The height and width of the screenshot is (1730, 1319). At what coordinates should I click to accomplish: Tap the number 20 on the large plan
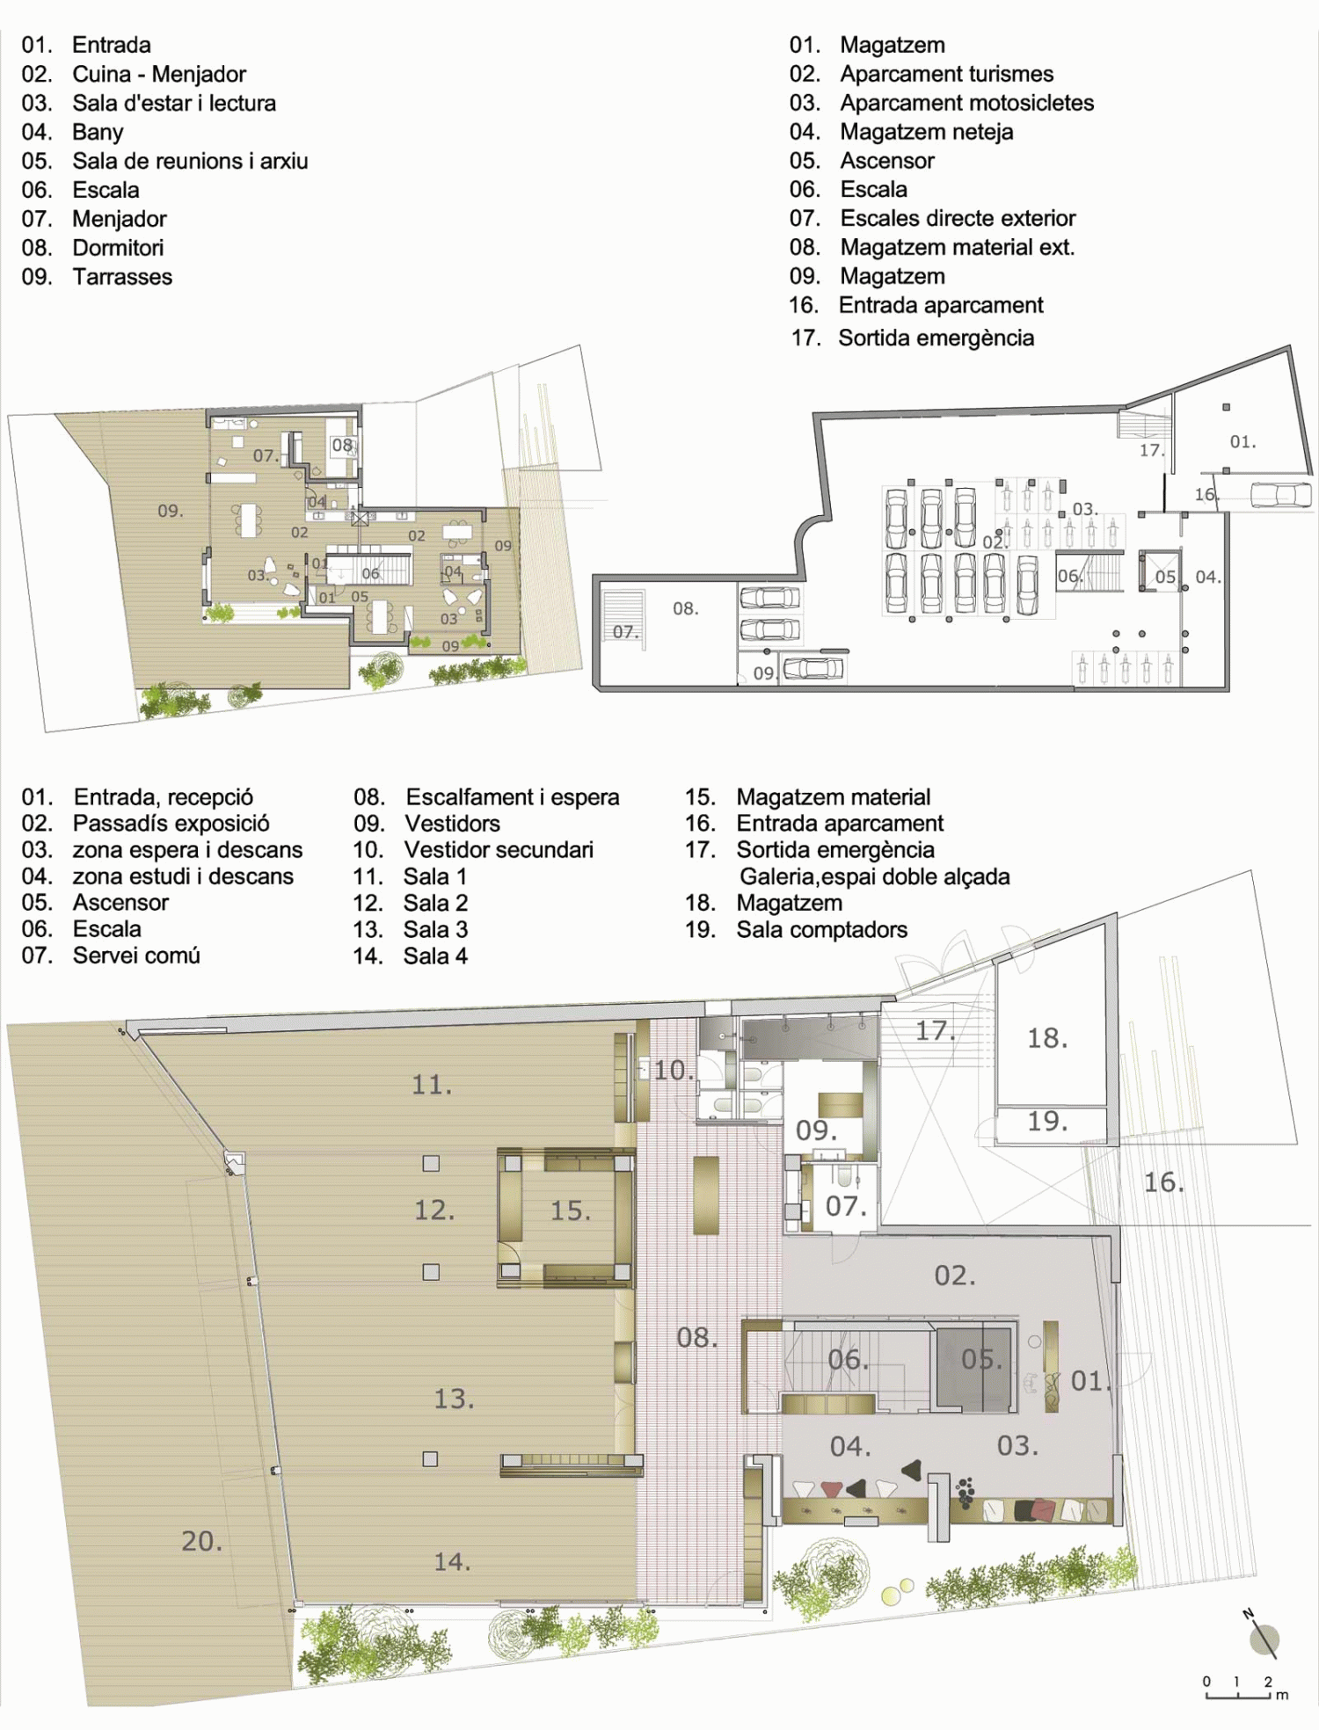pos(201,1541)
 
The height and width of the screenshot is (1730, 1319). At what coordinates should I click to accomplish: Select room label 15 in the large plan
pos(570,1210)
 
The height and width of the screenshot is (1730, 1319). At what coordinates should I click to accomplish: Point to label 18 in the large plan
pos(1047,1038)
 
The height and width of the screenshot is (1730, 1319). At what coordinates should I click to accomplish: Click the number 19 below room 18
pos(1047,1121)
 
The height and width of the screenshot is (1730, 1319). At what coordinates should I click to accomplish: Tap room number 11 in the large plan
pos(432,1085)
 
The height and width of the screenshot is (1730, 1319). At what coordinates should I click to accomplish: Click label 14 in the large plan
pos(452,1561)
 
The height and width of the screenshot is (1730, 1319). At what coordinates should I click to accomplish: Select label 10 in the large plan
pos(674,1070)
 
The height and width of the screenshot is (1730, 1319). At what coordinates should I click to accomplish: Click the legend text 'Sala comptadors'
pos(821,929)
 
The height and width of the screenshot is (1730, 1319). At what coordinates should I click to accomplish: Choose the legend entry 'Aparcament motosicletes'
pos(966,103)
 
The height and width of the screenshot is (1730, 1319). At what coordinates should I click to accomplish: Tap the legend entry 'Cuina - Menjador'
pos(159,74)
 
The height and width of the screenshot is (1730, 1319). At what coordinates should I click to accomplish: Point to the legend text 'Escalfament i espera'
pos(512,797)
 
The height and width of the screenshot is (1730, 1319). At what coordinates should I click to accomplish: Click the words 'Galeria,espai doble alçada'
pos(874,876)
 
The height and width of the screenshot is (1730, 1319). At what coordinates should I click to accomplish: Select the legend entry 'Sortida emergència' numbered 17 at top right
pos(936,338)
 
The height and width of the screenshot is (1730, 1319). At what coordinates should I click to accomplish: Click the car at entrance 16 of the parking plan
pos(1280,494)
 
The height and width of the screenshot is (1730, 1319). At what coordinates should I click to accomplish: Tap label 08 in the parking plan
pos(685,608)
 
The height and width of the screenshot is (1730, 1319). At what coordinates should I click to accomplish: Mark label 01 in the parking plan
pos(1242,441)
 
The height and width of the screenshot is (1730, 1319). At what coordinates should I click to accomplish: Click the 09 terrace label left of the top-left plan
pos(170,511)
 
